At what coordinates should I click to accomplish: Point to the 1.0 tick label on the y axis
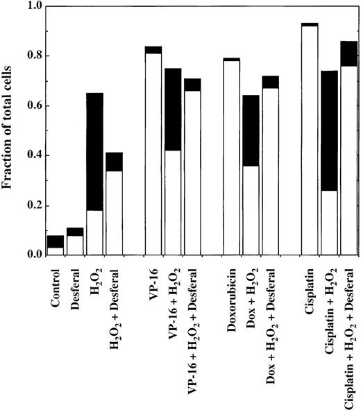(32, 6)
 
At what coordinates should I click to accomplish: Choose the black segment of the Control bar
(56, 241)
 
